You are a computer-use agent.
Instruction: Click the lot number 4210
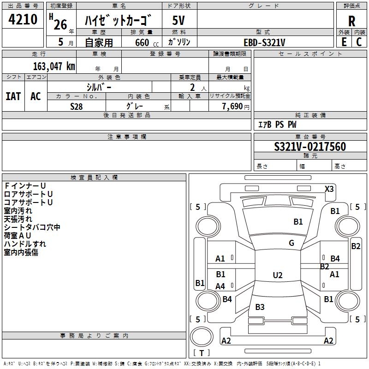[23, 19]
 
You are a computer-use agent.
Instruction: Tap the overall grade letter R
[351, 21]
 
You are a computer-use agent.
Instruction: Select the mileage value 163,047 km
[54, 65]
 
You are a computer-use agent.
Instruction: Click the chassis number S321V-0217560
[309, 147]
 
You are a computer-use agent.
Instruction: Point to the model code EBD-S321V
[264, 42]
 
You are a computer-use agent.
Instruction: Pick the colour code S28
[77, 106]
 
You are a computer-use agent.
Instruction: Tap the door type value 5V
[179, 20]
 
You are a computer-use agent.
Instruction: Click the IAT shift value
[13, 96]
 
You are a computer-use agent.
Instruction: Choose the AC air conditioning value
[36, 96]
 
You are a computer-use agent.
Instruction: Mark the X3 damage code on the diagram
[329, 189]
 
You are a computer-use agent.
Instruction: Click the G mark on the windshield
[292, 243]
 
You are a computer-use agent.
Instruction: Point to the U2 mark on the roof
[277, 275]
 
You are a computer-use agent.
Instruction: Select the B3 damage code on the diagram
[260, 307]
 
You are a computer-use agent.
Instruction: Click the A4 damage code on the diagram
[220, 286]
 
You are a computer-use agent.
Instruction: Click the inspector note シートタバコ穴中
[32, 227]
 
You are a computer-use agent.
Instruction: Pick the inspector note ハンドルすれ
[25, 244]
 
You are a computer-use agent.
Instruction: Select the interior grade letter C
[359, 42]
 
